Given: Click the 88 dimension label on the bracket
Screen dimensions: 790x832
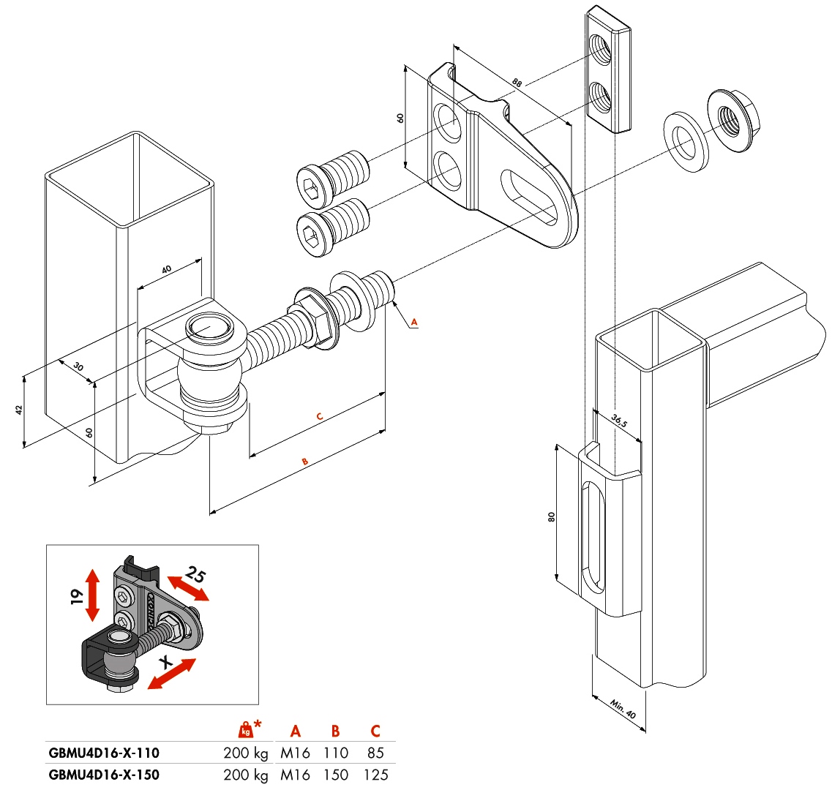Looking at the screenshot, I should [517, 83].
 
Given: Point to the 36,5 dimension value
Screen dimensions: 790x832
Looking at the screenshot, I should [619, 422].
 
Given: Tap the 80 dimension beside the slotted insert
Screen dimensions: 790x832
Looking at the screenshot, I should [551, 516].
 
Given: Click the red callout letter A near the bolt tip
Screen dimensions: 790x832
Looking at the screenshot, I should [413, 321].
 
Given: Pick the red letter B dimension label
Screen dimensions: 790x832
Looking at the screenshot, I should [305, 461].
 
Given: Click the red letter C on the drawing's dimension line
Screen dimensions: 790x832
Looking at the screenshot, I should [319, 416].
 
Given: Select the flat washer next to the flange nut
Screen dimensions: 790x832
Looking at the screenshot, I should [686, 140].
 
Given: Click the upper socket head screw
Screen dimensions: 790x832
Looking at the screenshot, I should [330, 178].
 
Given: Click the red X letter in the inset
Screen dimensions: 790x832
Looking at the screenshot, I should [167, 662].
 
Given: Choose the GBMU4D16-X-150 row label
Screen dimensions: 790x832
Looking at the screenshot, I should [103, 775].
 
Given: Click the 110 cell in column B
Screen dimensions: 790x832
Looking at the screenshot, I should [335, 753].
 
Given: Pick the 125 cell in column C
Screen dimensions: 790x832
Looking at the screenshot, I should [375, 775].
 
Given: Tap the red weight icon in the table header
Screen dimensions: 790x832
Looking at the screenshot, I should [247, 729].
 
